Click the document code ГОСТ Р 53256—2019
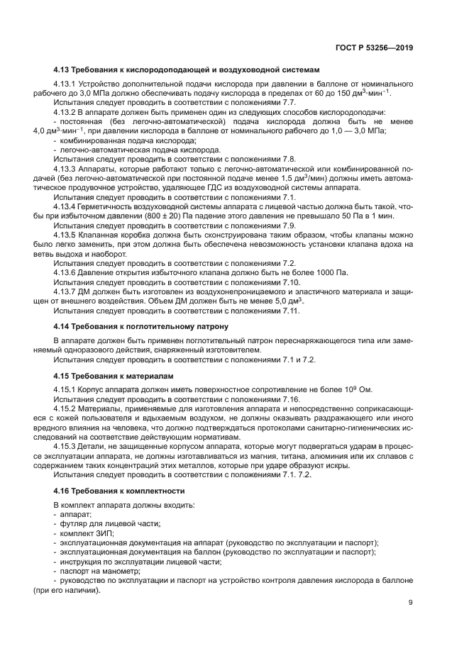tap(375, 49)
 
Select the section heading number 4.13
tap(62, 70)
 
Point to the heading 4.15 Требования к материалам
tap(114, 375)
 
